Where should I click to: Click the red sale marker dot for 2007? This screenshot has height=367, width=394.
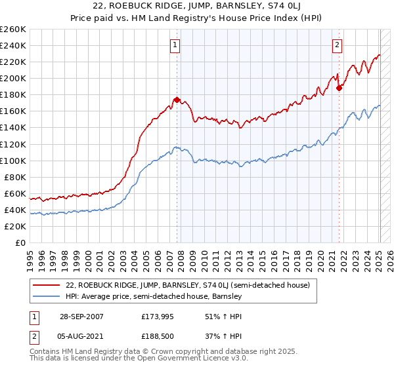177,100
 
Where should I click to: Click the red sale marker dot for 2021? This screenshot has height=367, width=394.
339,88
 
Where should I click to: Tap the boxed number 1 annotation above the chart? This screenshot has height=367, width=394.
176,45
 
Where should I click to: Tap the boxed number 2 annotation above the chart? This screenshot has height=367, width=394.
337,45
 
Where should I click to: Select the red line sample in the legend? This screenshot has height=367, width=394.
47,285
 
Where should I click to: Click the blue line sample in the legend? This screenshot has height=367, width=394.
47,297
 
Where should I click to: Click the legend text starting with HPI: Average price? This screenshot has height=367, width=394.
154,297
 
